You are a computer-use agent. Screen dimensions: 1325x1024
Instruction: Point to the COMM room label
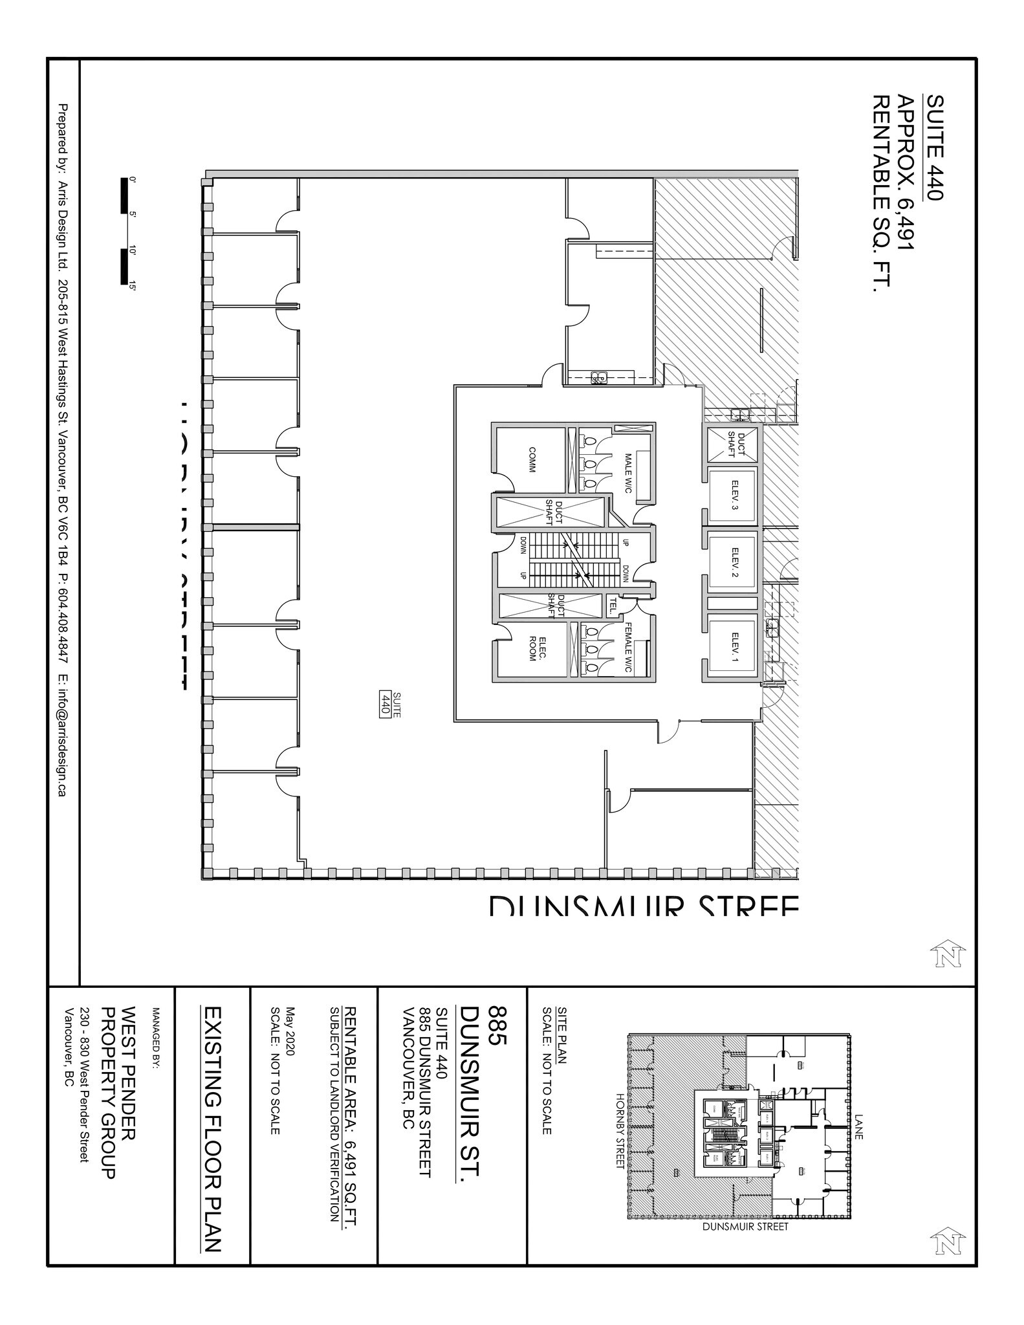(x=532, y=459)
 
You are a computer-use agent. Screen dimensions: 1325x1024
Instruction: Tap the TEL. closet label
(x=611, y=605)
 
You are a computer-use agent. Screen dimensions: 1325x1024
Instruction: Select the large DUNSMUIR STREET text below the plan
(x=644, y=906)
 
